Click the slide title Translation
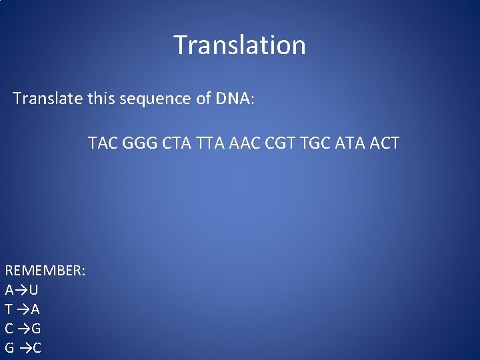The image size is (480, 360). coord(239,45)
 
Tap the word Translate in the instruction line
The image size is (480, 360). coord(47,99)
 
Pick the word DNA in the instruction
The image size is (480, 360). coord(233,99)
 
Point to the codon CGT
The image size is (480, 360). coord(277,143)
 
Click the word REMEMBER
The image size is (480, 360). coord(45,271)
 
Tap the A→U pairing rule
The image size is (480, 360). coord(21,290)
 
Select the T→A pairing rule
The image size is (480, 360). coord(22,309)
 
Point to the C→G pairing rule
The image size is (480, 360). coord(23,329)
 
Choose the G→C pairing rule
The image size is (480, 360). coord(23,348)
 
